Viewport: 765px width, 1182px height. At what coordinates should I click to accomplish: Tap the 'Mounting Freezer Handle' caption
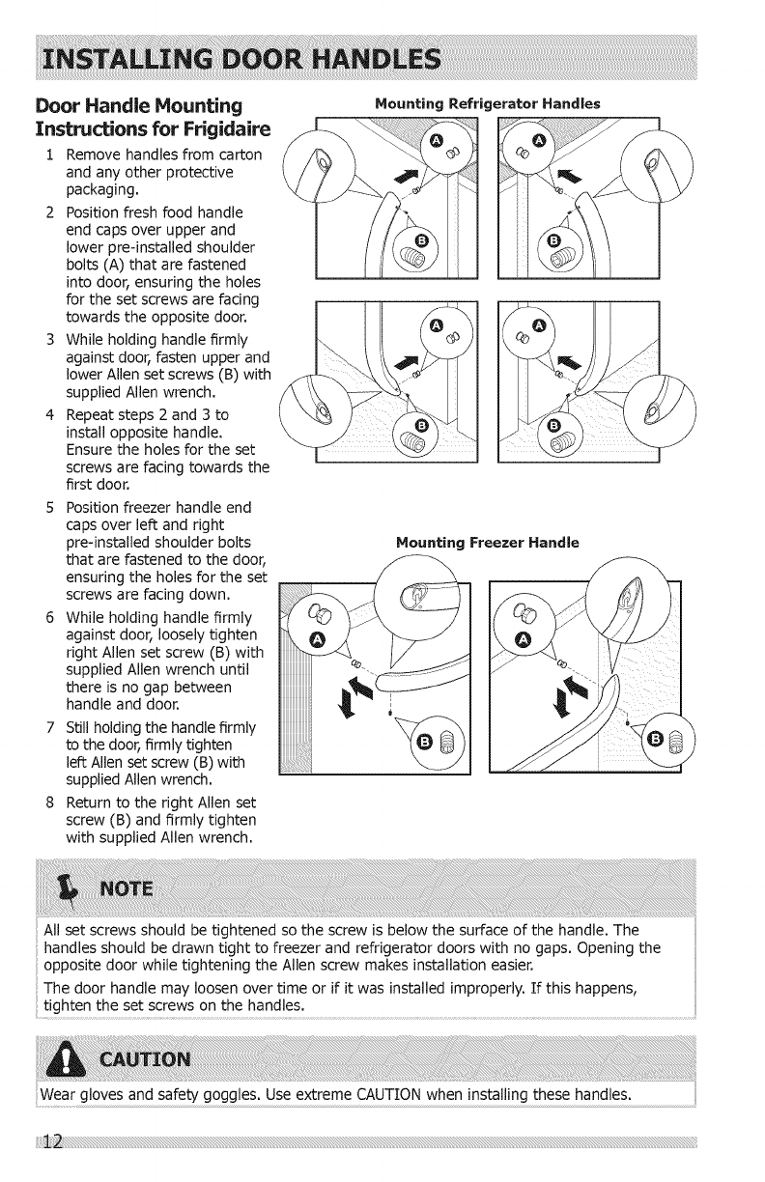[x=487, y=543]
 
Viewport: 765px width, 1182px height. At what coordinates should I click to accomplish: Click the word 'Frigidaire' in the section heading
[x=212, y=129]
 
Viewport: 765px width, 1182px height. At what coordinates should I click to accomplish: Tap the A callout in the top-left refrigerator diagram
[x=436, y=141]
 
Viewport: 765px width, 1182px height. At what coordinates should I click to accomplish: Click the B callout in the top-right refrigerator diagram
[x=552, y=239]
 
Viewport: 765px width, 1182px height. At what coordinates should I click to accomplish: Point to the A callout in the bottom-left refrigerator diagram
[x=436, y=324]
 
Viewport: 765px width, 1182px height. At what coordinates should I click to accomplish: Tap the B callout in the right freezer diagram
[x=654, y=740]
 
